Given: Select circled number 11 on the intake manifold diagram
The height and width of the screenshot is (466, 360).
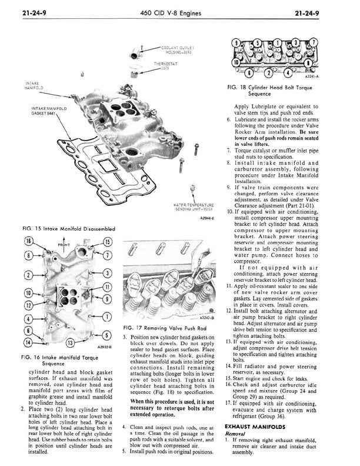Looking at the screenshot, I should tap(106, 287).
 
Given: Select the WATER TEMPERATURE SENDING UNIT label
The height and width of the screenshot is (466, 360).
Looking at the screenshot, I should tap(194, 207).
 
